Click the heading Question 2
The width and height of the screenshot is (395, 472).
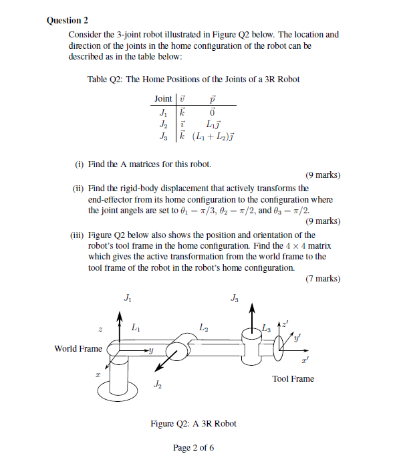[68, 20]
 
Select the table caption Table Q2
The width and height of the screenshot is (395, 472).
[193, 79]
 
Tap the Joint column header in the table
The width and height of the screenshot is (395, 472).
[163, 98]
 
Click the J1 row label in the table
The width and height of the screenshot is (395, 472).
[163, 112]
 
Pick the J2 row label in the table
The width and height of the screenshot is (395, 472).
[163, 125]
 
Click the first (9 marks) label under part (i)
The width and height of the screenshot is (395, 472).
[322, 175]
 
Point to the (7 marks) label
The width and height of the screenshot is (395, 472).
[322, 279]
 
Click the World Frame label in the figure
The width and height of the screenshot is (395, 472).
[78, 348]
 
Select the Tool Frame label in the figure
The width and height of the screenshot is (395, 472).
[293, 379]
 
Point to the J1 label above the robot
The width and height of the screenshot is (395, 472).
[128, 298]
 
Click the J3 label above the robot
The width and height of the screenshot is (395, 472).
[234, 298]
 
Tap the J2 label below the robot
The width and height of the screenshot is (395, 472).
[157, 384]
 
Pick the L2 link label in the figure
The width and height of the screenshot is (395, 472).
[205, 327]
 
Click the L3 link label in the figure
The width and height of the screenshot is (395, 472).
[267, 327]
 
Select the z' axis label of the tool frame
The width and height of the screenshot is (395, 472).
[287, 324]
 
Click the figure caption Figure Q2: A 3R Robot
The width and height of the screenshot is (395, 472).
[193, 423]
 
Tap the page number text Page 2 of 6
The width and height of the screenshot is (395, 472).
[193, 448]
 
